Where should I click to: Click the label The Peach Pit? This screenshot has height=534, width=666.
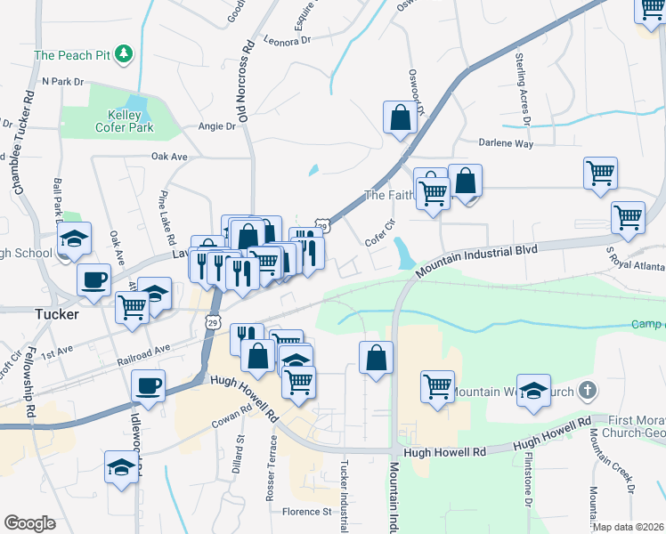71,55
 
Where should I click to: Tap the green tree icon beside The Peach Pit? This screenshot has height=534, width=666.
125,55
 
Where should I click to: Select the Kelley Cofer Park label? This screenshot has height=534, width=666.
125,122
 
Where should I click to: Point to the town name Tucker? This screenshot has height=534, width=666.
56,315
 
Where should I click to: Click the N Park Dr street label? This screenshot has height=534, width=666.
62,81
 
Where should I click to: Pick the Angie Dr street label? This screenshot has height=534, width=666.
217,126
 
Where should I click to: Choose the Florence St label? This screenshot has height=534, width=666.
306,512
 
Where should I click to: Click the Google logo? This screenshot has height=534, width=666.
28,523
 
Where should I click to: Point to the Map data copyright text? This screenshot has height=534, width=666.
629,527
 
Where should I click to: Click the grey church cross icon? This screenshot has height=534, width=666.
586,390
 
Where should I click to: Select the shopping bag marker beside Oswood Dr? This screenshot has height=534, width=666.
400,117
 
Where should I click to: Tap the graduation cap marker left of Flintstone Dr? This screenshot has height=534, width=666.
533,392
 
